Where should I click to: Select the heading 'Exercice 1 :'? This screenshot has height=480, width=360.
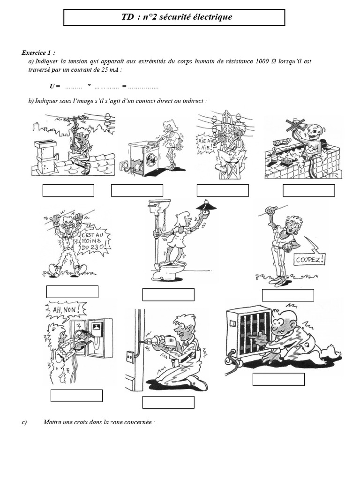[x=38, y=53]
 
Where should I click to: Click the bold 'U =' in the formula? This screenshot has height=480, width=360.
[x=55, y=86]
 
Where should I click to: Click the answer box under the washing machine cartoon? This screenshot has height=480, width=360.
[x=137, y=190]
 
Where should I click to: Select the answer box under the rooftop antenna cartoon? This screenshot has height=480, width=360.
[x=68, y=190]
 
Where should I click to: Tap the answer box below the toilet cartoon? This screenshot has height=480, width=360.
[x=168, y=294]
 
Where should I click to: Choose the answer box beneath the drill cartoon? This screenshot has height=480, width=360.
[x=168, y=402]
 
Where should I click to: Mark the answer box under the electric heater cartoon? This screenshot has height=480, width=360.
[x=278, y=379]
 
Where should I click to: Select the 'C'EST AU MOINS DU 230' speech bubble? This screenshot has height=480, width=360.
[x=96, y=240]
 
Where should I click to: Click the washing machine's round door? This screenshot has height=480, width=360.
[x=151, y=161]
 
